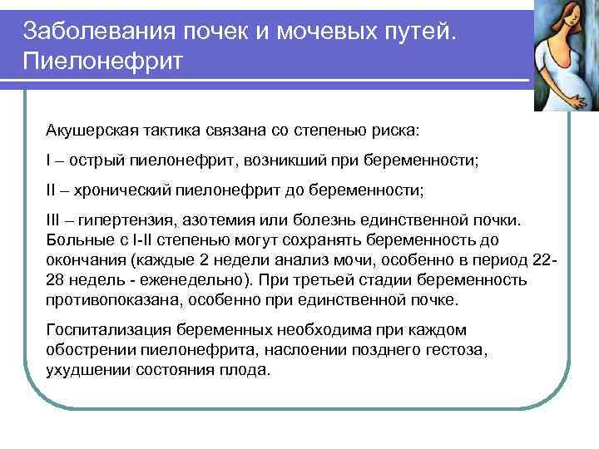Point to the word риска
point(397,132)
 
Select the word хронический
point(119,190)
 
